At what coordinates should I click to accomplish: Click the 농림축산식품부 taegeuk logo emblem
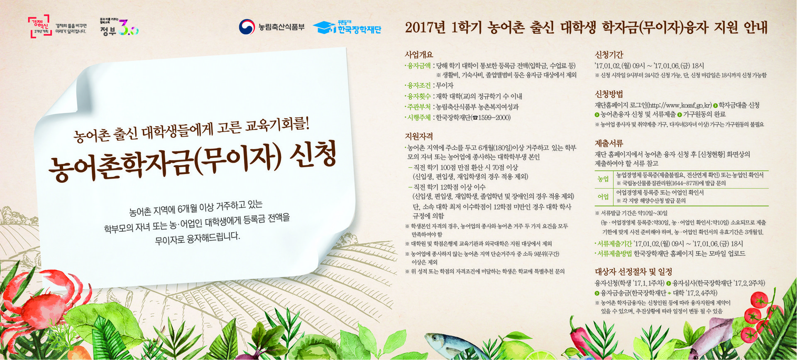tap(247, 27)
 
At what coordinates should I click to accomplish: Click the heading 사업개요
tap(419, 54)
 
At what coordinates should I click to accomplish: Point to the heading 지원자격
tap(419, 136)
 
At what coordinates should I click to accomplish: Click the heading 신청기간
tap(609, 54)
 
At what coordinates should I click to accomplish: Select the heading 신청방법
tap(609, 94)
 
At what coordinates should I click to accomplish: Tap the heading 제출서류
tap(609, 143)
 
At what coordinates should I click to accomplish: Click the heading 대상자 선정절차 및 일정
tap(633, 272)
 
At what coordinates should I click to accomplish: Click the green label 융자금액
tap(419, 66)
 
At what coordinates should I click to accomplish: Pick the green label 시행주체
tap(419, 118)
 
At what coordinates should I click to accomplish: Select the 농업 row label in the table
tap(603, 179)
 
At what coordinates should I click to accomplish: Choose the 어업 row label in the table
tap(603, 196)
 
